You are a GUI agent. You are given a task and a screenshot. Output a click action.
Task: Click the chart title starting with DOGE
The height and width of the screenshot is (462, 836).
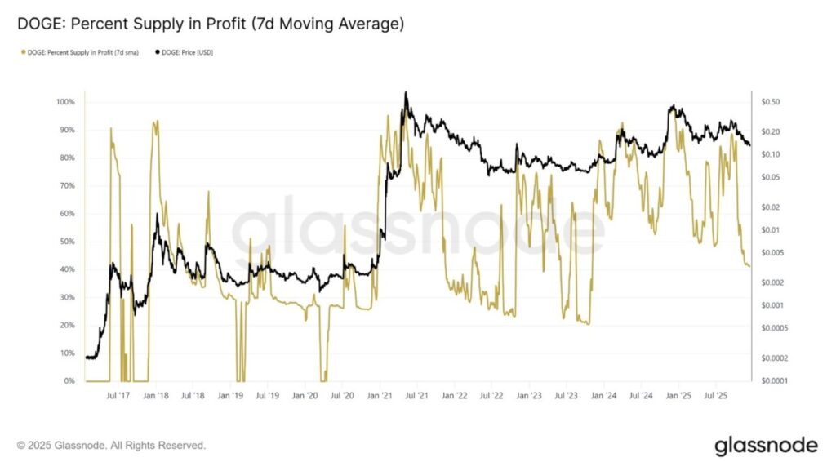click(211, 24)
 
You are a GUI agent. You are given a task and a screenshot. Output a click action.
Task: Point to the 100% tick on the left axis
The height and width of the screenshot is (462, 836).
click(65, 102)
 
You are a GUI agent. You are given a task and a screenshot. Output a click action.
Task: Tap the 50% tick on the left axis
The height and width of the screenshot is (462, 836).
click(65, 242)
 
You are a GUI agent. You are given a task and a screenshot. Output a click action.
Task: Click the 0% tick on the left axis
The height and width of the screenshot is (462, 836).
click(70, 381)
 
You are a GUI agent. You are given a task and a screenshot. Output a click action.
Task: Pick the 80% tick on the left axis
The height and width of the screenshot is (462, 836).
click(65, 158)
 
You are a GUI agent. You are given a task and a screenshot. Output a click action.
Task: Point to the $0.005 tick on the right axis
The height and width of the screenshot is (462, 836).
click(771, 253)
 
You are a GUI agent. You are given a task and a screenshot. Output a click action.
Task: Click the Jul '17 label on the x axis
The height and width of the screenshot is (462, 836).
click(118, 395)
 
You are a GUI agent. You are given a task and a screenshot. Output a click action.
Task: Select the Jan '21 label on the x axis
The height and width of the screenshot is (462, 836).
click(379, 395)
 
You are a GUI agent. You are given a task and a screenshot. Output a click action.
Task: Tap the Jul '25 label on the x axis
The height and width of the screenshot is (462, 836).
click(715, 395)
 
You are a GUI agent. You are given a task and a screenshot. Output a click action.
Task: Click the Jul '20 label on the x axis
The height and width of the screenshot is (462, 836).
click(342, 395)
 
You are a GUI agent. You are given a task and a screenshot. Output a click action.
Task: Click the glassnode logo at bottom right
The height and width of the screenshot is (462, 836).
click(766, 446)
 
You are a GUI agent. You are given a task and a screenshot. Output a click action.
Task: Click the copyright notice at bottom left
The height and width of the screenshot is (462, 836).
click(111, 446)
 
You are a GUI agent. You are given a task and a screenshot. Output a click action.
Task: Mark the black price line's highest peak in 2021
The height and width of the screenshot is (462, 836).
click(406, 92)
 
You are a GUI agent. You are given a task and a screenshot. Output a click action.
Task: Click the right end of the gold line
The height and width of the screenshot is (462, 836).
click(749, 266)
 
